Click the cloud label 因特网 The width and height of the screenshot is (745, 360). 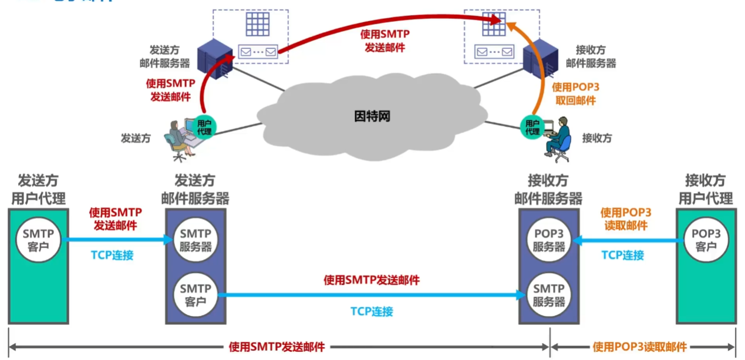[x=372, y=116]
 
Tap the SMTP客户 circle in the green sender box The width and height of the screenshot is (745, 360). [x=38, y=240]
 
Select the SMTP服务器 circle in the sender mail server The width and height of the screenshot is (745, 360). [x=195, y=240]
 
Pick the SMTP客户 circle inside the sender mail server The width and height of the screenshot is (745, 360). [x=195, y=295]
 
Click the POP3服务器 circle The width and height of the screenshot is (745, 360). [x=549, y=240]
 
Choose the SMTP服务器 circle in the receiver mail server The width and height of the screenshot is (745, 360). [x=549, y=295]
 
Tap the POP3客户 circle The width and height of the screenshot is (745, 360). [x=706, y=240]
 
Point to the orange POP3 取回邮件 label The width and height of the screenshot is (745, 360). [x=576, y=94]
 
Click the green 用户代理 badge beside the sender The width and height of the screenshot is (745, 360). [x=204, y=127]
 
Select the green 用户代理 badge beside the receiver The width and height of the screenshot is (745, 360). [x=532, y=127]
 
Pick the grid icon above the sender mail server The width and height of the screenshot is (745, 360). [x=258, y=24]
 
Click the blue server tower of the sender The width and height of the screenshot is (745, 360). [x=215, y=59]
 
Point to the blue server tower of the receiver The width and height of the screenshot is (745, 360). [x=541, y=59]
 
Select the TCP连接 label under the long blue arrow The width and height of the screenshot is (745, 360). [x=372, y=311]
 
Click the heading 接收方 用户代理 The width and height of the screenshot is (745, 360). [x=706, y=190]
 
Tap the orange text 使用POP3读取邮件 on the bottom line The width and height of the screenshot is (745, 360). [x=639, y=347]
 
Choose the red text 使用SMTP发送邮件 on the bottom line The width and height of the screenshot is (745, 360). [x=277, y=347]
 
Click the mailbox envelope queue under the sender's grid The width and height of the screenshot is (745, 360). [x=258, y=52]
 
